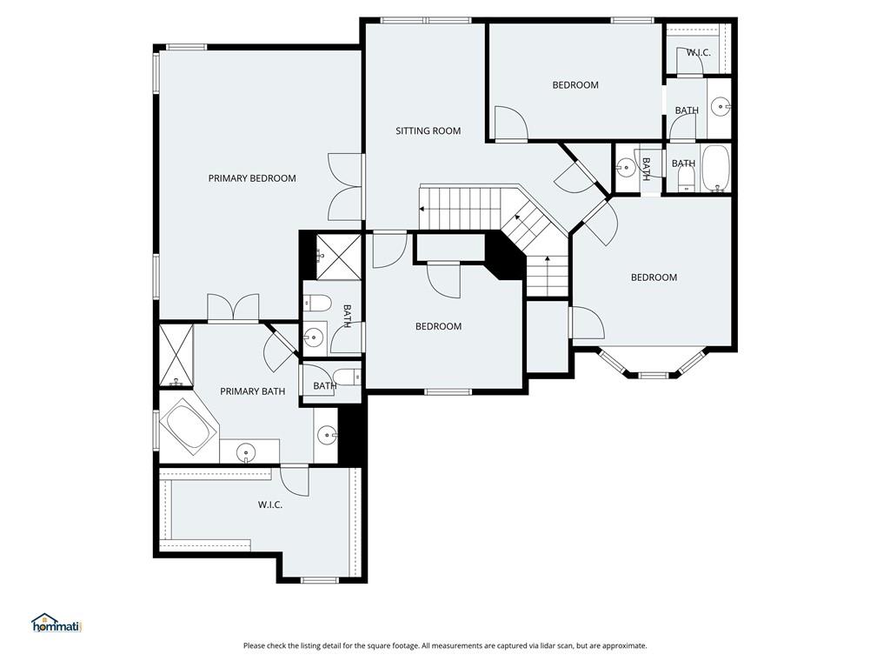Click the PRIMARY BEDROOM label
[252, 178]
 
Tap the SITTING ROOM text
[428, 130]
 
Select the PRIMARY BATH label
[253, 391]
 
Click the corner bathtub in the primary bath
[189, 426]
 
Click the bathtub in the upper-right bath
[716, 168]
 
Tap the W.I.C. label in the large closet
[270, 504]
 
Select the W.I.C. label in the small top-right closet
[698, 53]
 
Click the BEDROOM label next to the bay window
[654, 277]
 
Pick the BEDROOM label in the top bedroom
[575, 85]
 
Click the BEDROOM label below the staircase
[438, 327]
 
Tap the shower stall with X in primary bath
[176, 355]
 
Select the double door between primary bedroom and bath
[233, 309]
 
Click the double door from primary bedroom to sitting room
[345, 188]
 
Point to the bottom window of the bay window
[653, 376]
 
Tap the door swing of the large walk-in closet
[295, 480]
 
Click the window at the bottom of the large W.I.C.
[320, 580]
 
